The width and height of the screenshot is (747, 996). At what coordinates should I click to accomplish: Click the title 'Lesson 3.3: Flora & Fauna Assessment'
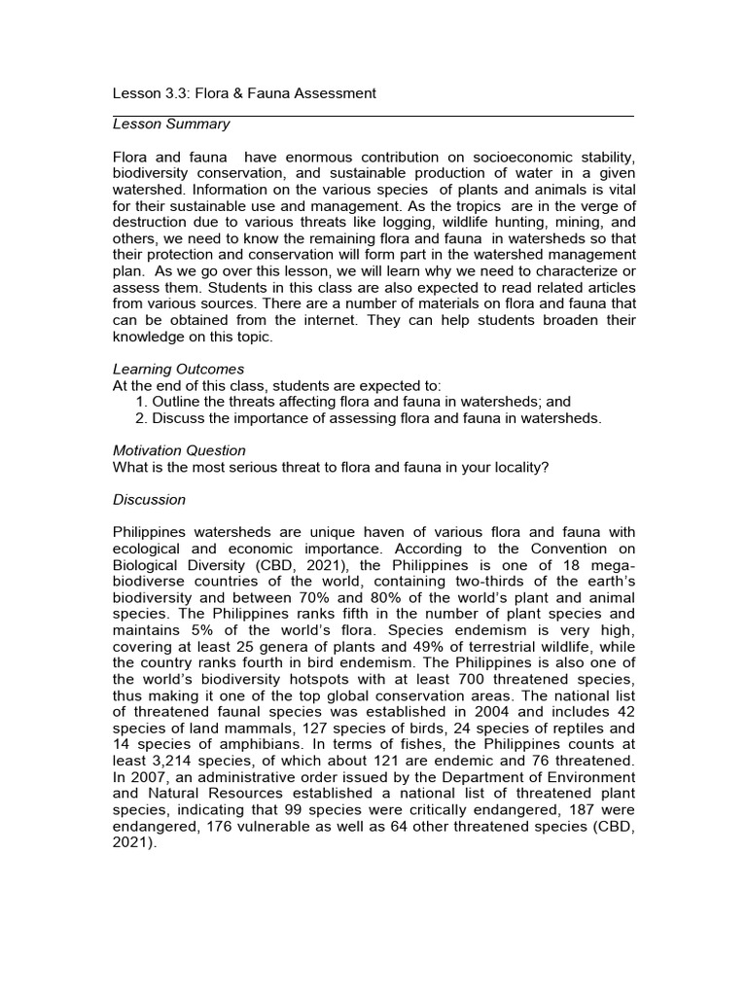click(x=244, y=93)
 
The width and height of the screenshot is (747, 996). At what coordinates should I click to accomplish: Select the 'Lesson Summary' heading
click(x=171, y=124)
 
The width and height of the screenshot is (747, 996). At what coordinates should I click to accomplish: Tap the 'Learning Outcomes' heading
click(x=179, y=370)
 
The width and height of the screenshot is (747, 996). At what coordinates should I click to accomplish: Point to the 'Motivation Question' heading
click(x=180, y=450)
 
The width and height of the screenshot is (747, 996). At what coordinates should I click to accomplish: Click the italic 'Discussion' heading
click(x=149, y=500)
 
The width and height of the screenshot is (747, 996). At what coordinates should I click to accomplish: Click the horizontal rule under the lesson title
click(x=373, y=116)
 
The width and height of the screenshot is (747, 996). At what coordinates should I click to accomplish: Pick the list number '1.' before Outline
click(x=142, y=402)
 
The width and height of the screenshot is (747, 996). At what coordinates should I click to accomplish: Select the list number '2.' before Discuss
click(x=142, y=418)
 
